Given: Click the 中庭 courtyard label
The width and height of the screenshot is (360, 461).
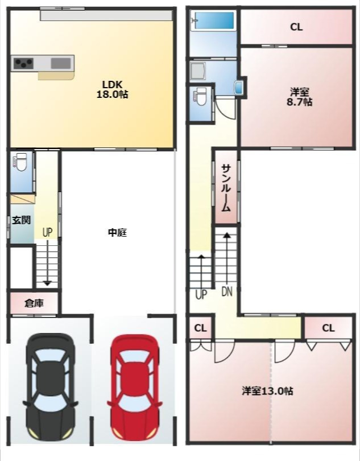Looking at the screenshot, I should (117, 232).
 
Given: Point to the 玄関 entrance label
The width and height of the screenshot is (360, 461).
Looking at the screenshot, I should (21, 220).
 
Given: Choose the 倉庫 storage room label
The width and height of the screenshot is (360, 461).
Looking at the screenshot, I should (34, 303).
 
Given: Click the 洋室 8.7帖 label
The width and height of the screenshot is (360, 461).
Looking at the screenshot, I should (300, 97).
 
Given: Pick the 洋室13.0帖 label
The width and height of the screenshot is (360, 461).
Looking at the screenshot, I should (267, 391).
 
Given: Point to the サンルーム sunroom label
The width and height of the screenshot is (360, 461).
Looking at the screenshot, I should (226, 188).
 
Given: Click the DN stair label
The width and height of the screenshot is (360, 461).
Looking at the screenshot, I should (227, 292).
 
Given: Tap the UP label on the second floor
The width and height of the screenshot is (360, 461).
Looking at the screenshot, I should (201, 295).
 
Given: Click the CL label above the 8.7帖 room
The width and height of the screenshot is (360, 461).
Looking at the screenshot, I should (296, 27).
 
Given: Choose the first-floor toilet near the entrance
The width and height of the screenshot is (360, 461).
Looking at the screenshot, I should (20, 163).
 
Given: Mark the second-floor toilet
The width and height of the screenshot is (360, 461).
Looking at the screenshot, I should (200, 100).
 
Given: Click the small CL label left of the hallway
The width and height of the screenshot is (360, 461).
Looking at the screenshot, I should (200, 328).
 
